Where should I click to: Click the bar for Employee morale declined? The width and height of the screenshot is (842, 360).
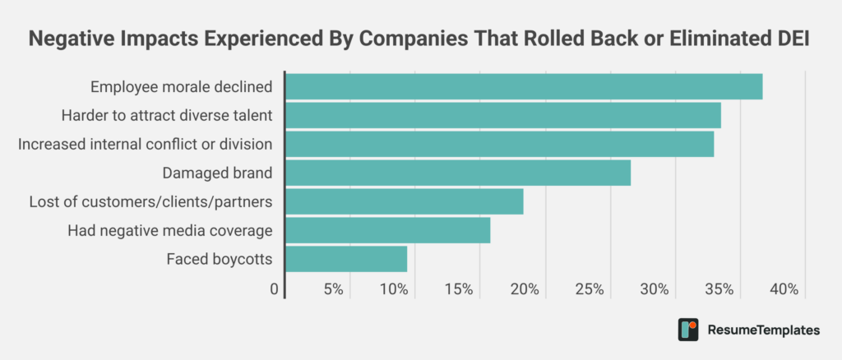[523, 86]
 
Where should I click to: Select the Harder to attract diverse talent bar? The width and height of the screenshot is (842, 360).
[502, 115]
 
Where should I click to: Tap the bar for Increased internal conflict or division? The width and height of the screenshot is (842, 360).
[499, 144]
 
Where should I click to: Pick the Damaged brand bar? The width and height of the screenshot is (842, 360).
[457, 173]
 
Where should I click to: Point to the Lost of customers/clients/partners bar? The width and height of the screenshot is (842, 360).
[404, 201]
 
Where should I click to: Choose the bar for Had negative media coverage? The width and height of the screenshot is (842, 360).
[387, 230]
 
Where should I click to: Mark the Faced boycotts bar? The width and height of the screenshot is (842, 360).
[345, 259]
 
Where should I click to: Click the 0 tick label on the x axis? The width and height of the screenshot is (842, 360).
[275, 289]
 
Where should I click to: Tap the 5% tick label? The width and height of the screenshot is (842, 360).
[333, 289]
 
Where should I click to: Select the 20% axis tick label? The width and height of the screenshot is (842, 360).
[525, 289]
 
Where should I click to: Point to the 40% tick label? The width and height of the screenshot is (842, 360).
[784, 289]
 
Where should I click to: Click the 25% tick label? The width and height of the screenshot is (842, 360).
[590, 289]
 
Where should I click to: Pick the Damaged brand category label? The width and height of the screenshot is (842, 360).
[217, 173]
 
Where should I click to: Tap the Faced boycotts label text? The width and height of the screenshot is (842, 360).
[219, 259]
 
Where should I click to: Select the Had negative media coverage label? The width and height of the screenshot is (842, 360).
[169, 230]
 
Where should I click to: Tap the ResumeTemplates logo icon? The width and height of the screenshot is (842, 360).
[688, 330]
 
